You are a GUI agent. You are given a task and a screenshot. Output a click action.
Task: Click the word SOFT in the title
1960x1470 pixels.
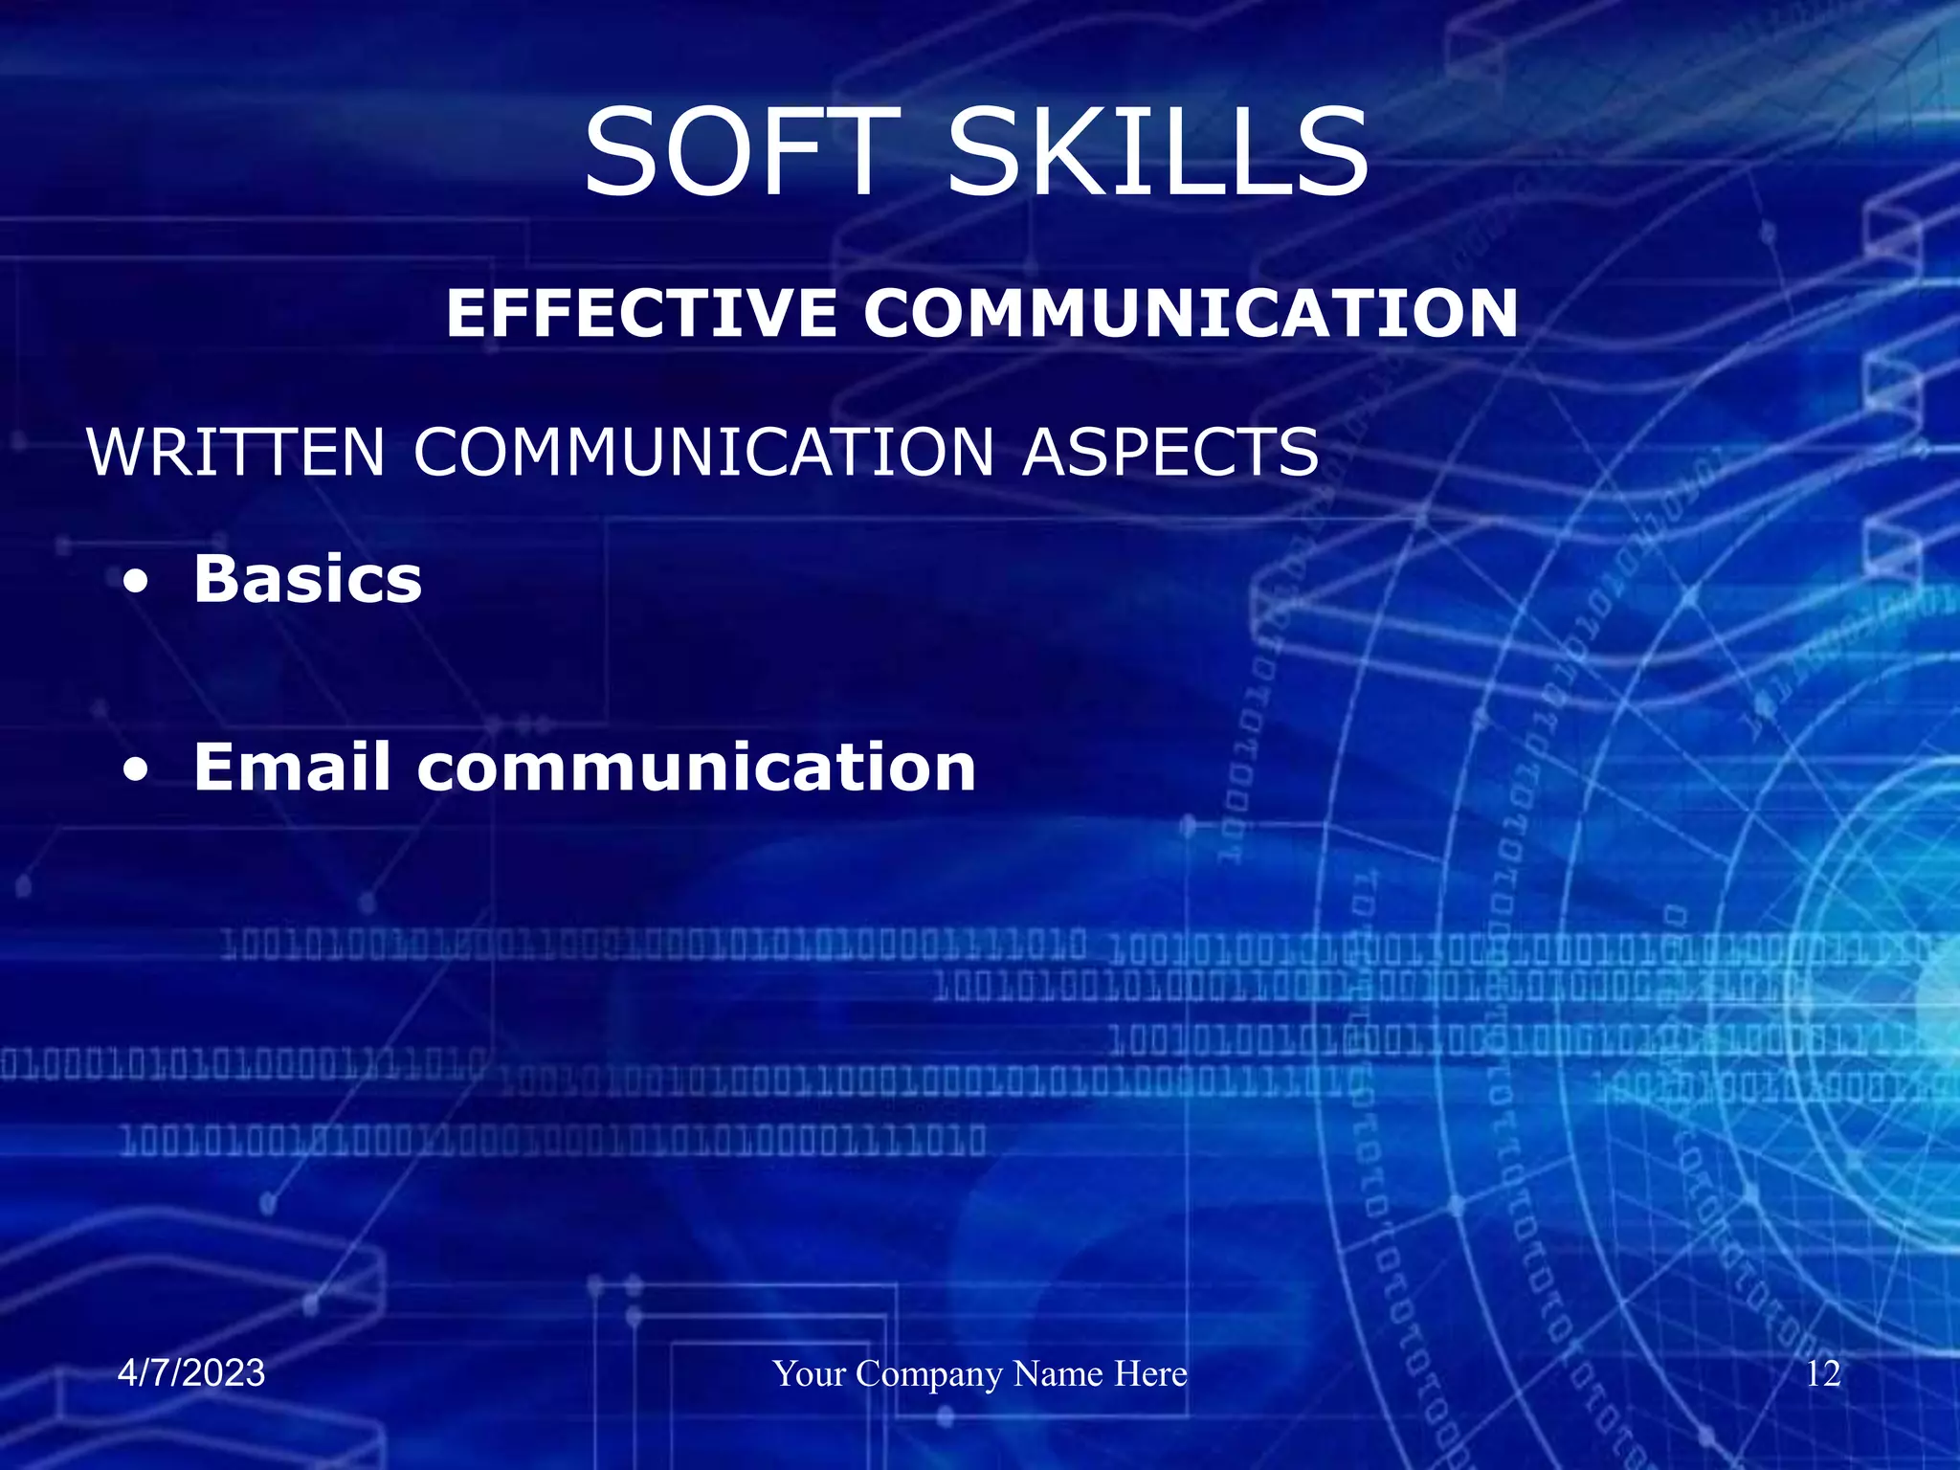click(x=742, y=153)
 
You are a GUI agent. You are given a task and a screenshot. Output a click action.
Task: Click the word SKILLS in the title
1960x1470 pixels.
click(x=1158, y=153)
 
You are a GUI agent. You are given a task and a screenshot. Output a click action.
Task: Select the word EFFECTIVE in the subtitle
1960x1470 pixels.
click(x=641, y=313)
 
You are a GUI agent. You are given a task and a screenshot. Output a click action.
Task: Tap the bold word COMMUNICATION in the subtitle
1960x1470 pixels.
click(x=1191, y=313)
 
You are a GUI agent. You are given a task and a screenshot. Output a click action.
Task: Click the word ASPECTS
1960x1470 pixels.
click(x=1170, y=452)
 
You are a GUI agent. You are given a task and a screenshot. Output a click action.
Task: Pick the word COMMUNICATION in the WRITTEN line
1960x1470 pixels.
click(x=704, y=452)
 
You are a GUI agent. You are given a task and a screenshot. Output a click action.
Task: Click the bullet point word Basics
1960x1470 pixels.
click(x=307, y=579)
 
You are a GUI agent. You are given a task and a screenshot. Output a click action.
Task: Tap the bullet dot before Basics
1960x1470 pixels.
click(x=137, y=581)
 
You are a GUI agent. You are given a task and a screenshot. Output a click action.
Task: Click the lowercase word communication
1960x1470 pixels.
click(x=696, y=768)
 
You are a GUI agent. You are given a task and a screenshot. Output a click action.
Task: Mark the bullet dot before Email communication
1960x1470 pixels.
click(x=137, y=768)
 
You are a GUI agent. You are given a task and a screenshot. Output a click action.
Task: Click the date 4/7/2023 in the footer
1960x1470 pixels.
click(x=191, y=1373)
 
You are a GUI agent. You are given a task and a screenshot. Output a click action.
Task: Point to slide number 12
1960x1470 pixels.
click(x=1823, y=1373)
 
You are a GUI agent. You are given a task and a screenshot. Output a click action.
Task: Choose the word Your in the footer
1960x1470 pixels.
click(x=810, y=1373)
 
